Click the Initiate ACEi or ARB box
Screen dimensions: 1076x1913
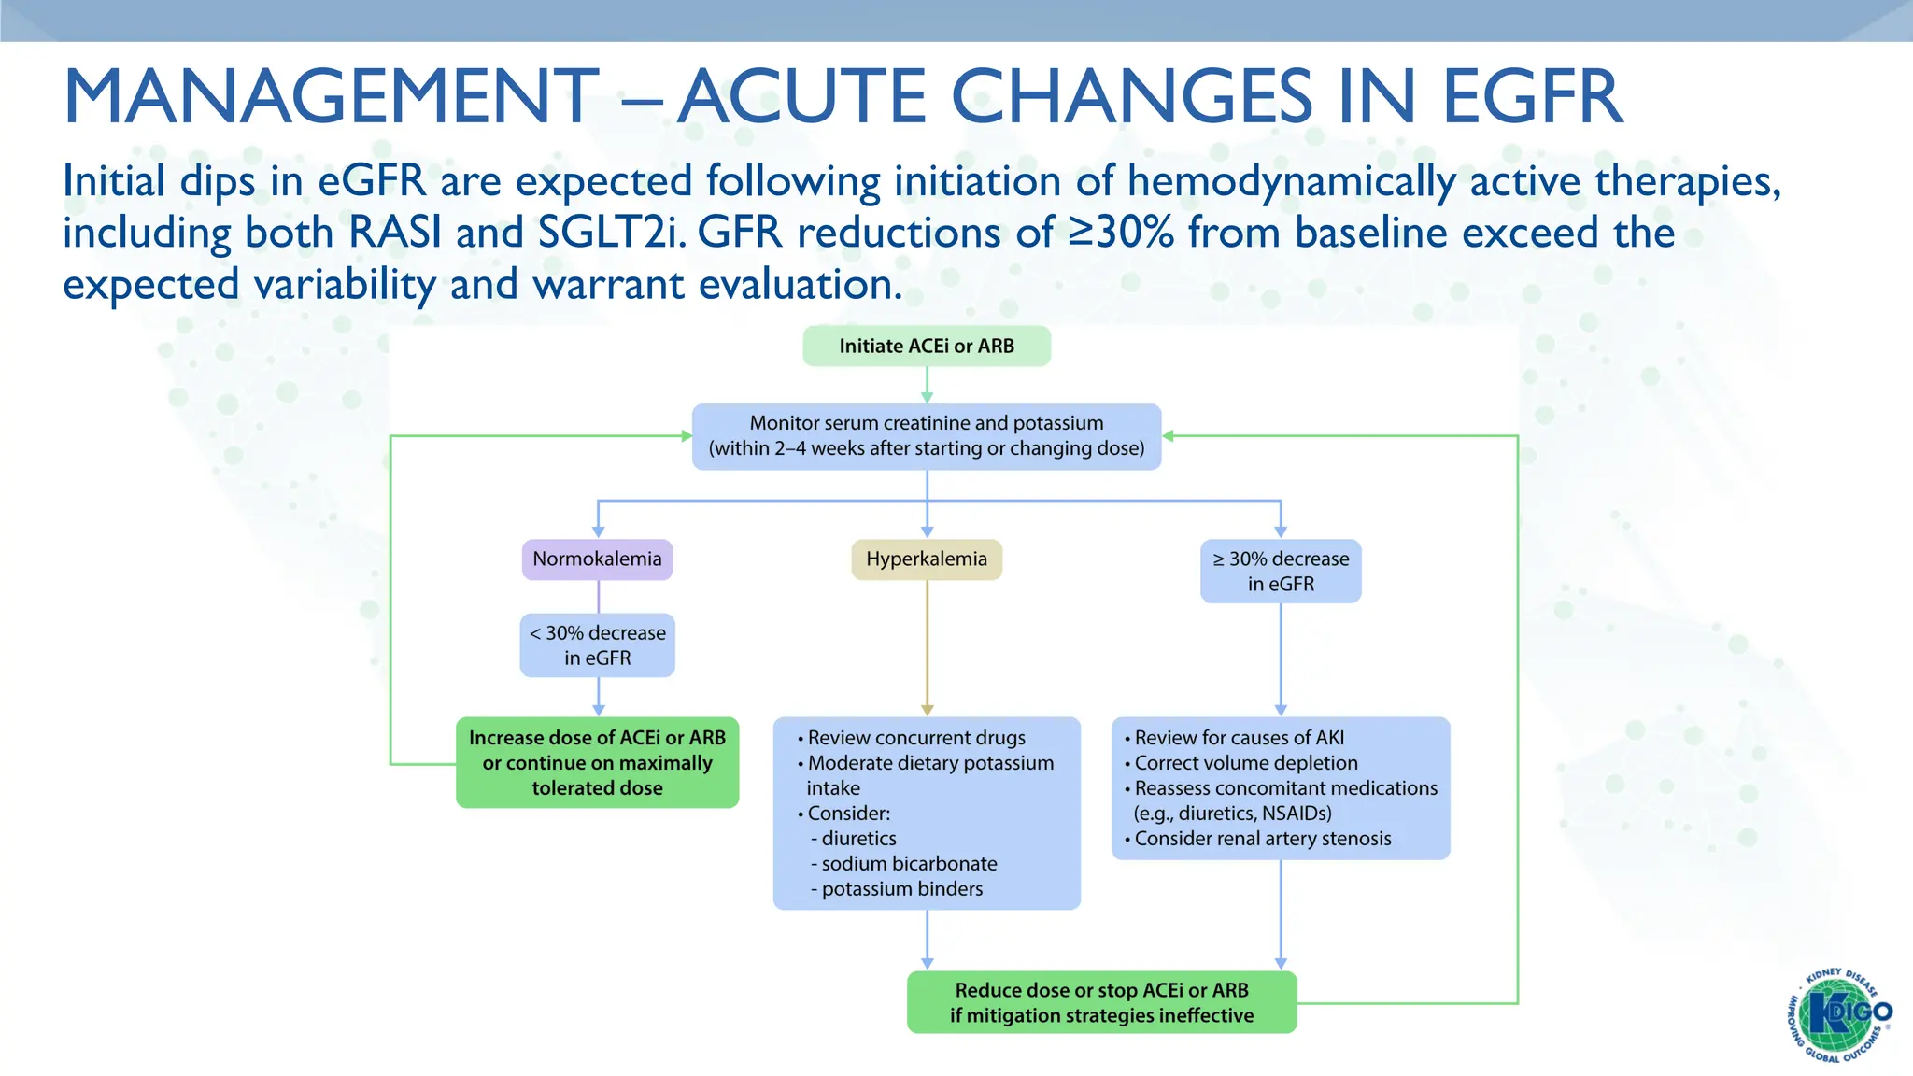tap(926, 347)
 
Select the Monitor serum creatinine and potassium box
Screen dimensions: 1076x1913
tap(926, 436)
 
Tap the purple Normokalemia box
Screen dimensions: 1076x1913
tap(597, 559)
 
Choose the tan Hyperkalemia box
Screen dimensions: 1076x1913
tap(926, 559)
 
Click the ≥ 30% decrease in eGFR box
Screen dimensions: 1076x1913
tap(1280, 572)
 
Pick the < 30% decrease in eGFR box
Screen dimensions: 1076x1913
tap(597, 645)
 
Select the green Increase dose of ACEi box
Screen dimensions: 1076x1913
tap(597, 763)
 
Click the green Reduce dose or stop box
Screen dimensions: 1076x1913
tap(1101, 1003)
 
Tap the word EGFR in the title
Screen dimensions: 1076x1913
tap(1532, 97)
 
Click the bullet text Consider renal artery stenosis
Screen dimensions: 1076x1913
tap(1262, 839)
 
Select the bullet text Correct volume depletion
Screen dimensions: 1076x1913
tap(1245, 763)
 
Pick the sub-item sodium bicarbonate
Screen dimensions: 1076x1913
tap(908, 864)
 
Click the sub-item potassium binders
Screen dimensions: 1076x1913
tap(901, 889)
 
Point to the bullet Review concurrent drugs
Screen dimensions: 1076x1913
tap(915, 738)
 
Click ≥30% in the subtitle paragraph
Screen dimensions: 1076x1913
tap(1121, 233)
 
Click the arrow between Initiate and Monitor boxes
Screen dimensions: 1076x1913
tap(927, 385)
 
